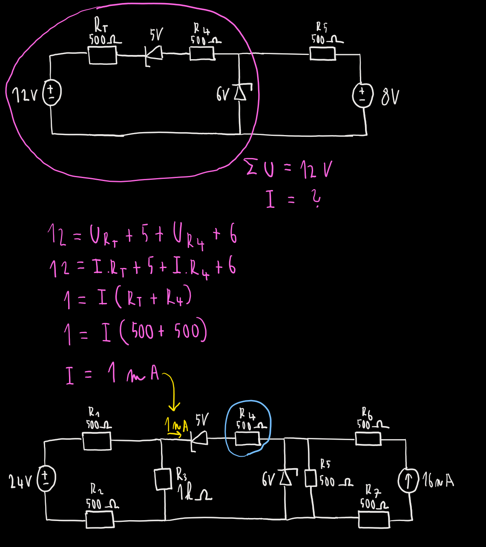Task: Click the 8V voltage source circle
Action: click(362, 95)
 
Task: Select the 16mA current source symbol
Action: click(408, 481)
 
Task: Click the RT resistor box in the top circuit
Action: click(103, 55)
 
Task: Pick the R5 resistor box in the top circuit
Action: click(322, 54)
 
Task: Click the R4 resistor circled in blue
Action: click(247, 438)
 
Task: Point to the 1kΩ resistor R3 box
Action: click(163, 479)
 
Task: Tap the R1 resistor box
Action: click(97, 441)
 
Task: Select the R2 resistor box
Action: click(100, 519)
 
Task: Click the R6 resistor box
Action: click(368, 438)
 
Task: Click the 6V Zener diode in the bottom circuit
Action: click(286, 478)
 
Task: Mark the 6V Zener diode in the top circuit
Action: click(240, 92)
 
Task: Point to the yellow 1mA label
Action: click(176, 426)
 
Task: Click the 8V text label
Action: click(390, 97)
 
